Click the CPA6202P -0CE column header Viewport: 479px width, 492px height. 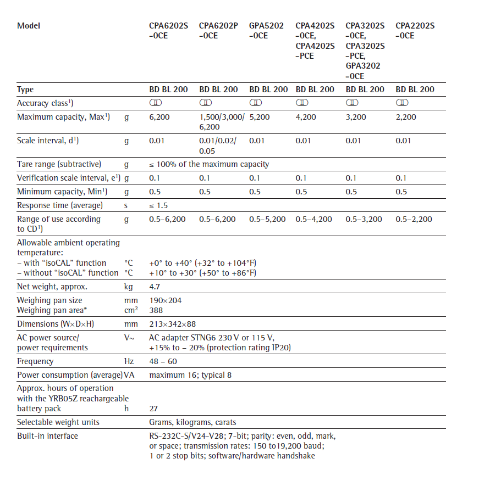coord(218,31)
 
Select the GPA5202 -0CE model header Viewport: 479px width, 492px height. coord(266,31)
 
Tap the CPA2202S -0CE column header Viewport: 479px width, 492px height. coord(415,31)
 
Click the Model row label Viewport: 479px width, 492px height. coord(29,26)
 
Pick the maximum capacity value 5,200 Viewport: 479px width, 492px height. coord(260,117)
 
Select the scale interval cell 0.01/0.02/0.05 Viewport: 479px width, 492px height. coord(217,146)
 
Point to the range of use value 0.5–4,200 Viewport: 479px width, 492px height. coord(314,219)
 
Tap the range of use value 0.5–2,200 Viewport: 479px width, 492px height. coord(414,219)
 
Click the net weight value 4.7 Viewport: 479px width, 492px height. coord(155,287)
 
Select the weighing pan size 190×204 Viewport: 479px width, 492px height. coord(166,300)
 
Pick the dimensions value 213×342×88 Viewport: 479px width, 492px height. coord(173,324)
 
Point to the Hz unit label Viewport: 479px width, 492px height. coord(129,361)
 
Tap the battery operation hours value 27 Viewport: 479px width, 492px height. coord(154,409)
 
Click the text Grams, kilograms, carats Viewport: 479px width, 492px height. coord(192,422)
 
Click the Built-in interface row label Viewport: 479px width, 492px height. coord(47,436)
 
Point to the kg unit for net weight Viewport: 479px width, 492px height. coord(129,287)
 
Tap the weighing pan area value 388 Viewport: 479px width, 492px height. coord(156,310)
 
